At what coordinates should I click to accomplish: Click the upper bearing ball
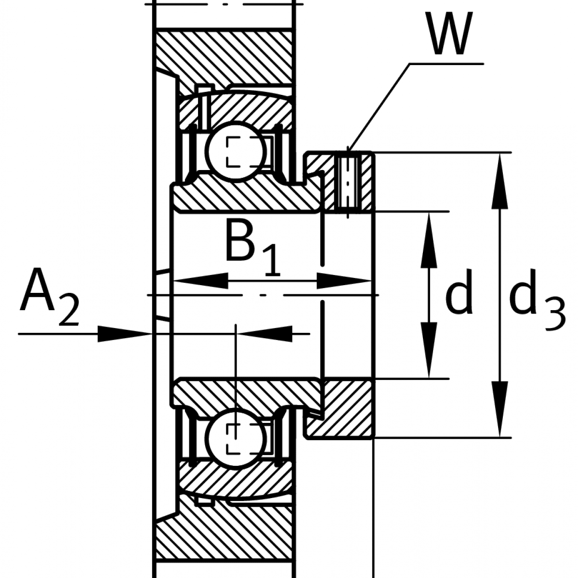pyautogui.click(x=235, y=150)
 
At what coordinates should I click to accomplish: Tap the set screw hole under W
pyautogui.click(x=347, y=181)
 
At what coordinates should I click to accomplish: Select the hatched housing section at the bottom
pyautogui.click(x=226, y=535)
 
